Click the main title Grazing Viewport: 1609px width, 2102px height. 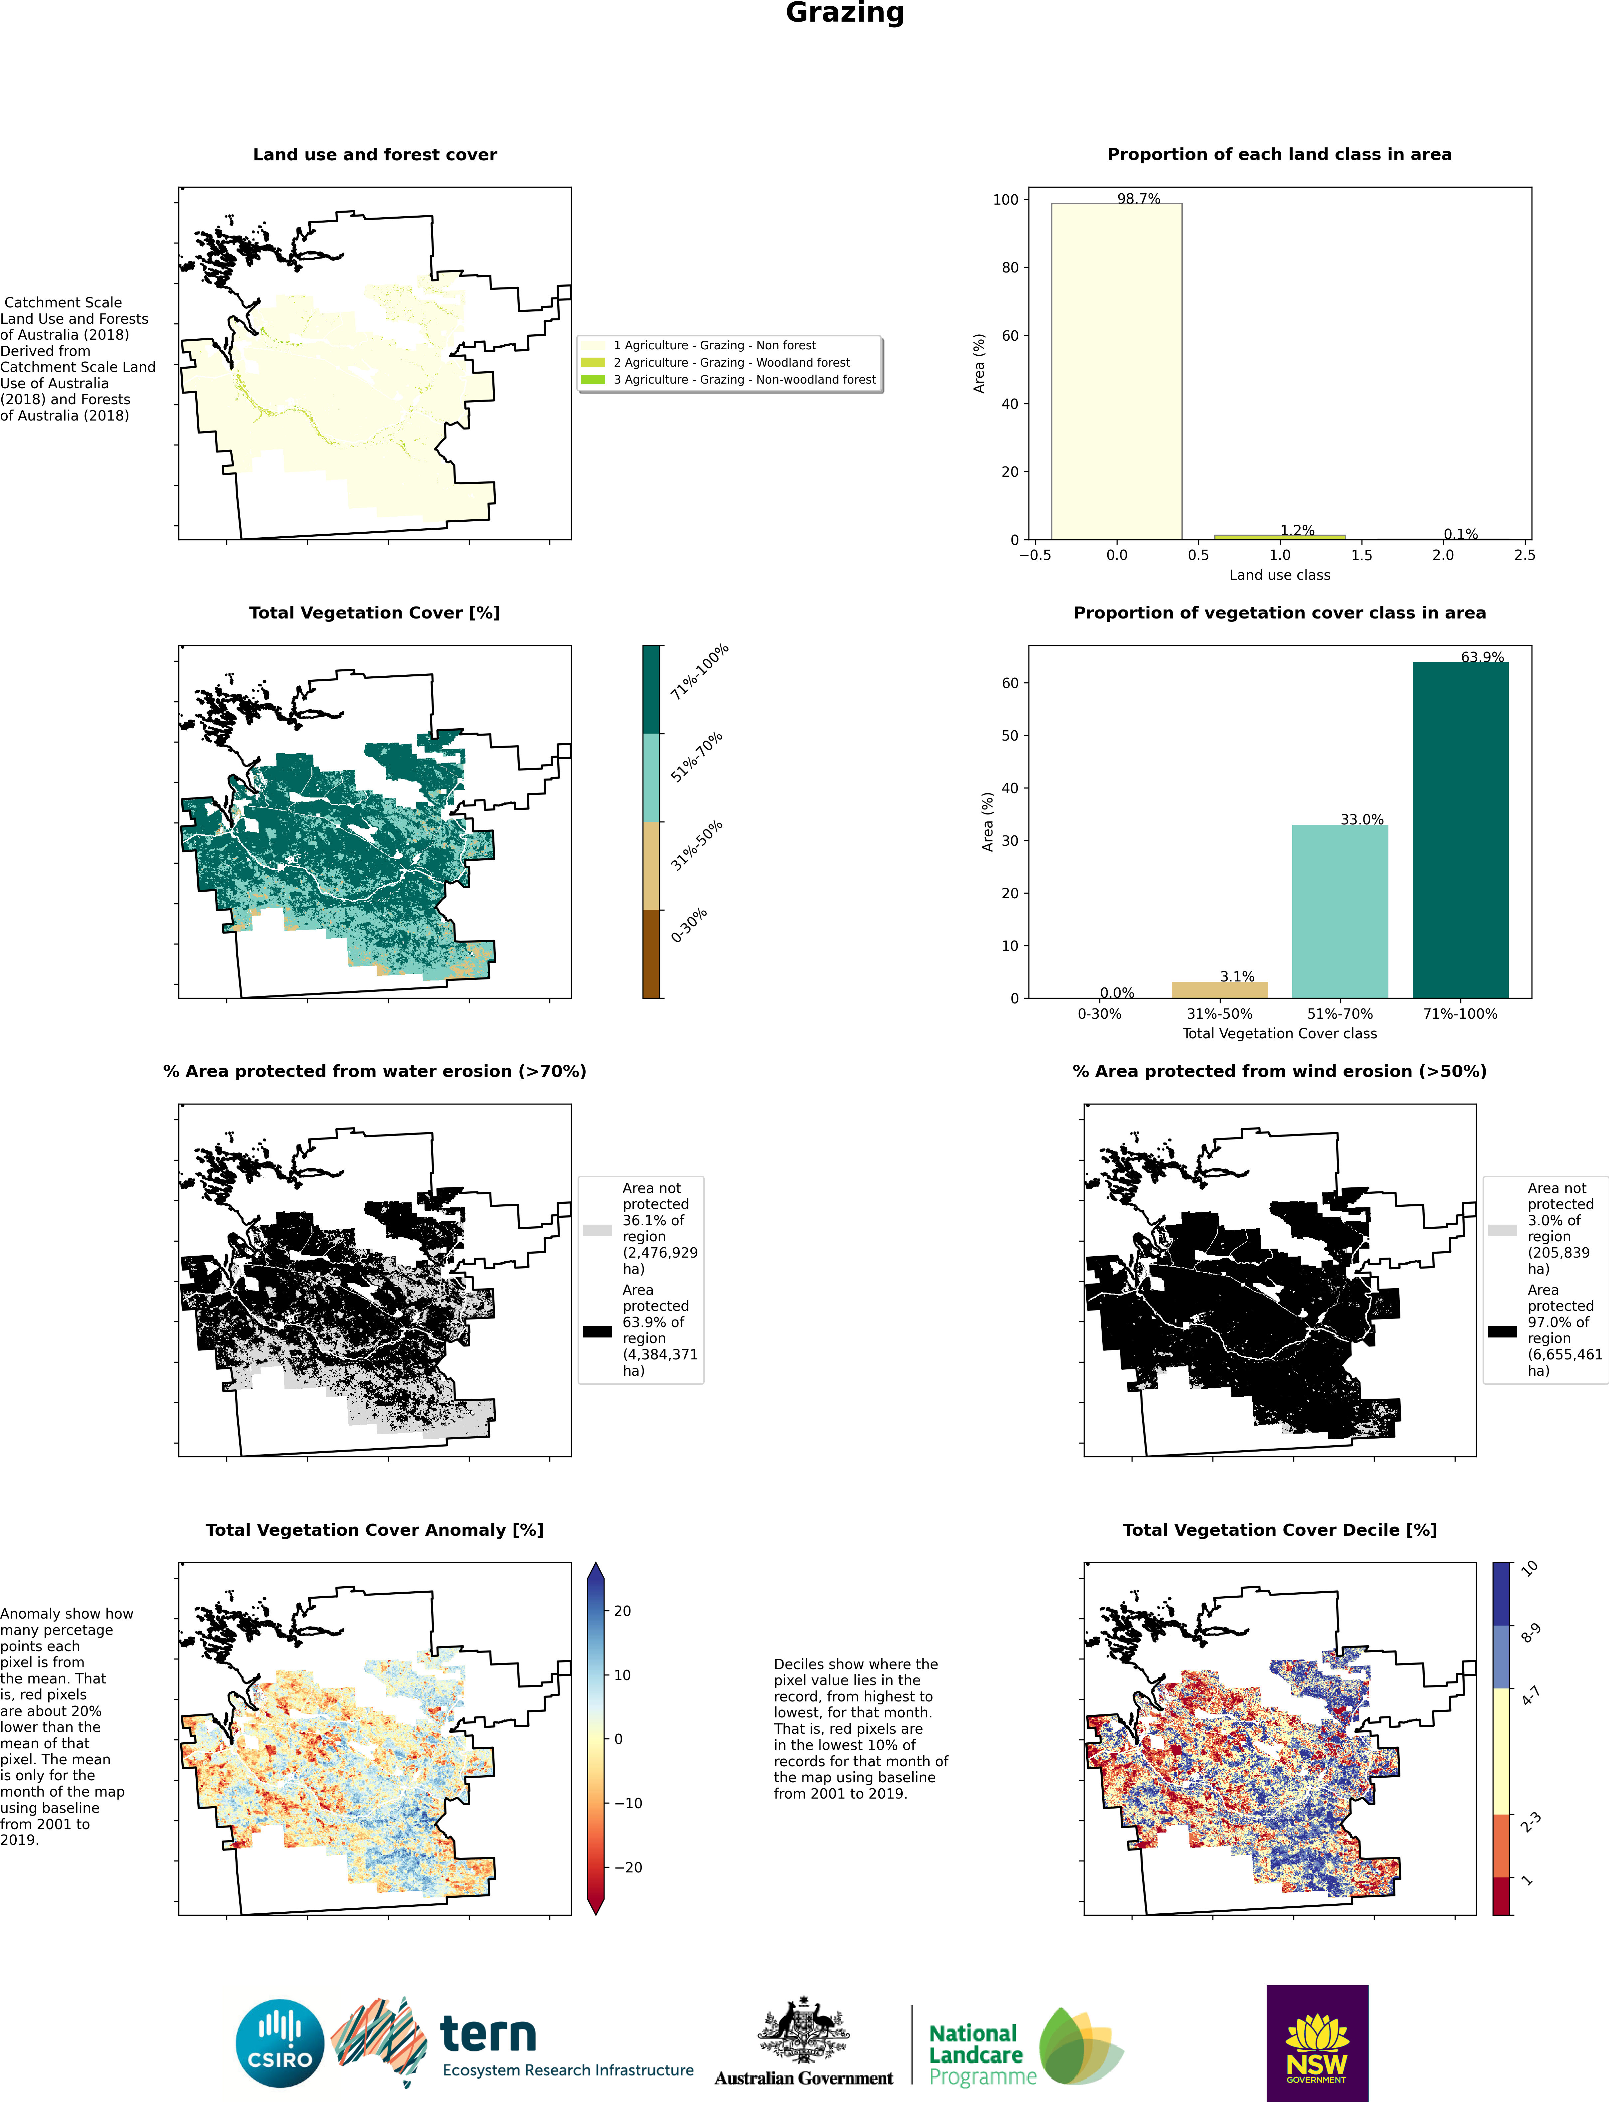click(x=845, y=13)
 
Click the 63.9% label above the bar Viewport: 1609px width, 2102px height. click(x=1482, y=657)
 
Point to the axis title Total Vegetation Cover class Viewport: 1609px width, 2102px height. click(x=1280, y=1033)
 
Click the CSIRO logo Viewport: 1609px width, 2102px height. click(x=280, y=2043)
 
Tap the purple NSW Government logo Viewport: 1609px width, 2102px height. click(x=1317, y=2043)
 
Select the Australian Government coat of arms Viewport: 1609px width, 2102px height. click(x=804, y=2030)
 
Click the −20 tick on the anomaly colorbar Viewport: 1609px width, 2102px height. click(x=627, y=1867)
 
